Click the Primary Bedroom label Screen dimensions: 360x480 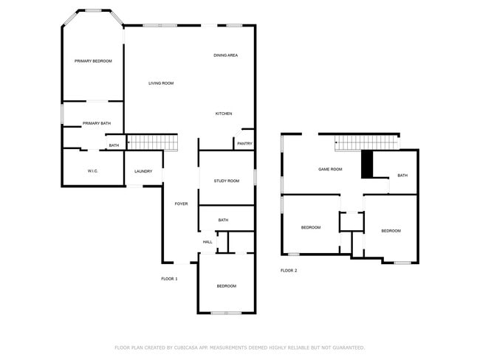click(93, 60)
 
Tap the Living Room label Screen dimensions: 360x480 click(161, 83)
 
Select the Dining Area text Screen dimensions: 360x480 click(225, 55)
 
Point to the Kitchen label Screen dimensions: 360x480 click(224, 114)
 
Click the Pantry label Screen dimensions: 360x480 click(245, 143)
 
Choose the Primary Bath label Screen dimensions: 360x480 click(96, 123)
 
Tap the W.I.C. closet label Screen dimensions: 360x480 click(93, 171)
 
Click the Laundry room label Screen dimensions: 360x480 click(143, 171)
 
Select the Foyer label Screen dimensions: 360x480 click(181, 204)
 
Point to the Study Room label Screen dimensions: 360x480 click(227, 181)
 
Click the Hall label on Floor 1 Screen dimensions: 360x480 click(208, 241)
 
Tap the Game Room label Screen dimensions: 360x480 click(330, 169)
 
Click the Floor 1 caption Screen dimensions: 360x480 click(170, 278)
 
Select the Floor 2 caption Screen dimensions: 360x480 click(289, 270)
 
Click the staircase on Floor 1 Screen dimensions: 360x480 click(154, 142)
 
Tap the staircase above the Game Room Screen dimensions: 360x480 click(366, 142)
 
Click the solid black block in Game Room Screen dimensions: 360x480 click(366, 164)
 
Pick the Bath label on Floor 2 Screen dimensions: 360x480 click(402, 175)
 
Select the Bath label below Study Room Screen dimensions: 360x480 click(223, 220)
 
